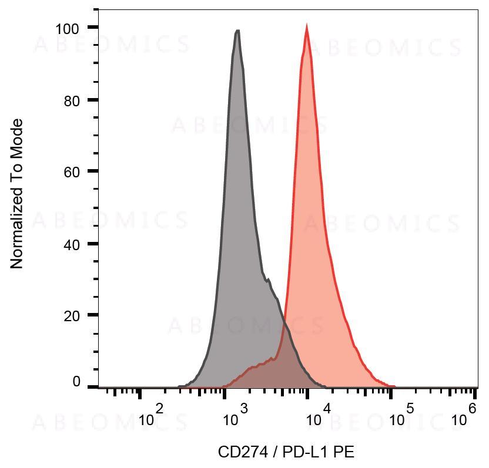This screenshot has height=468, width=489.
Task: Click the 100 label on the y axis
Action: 68,28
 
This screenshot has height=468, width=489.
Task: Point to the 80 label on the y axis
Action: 71,100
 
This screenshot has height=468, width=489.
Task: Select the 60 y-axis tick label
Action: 71,172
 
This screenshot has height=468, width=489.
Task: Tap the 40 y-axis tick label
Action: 71,244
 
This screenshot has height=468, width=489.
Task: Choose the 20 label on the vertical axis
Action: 71,316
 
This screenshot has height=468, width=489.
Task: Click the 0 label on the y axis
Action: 76,382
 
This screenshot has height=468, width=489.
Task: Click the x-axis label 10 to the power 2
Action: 151,418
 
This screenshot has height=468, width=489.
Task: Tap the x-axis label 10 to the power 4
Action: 318,418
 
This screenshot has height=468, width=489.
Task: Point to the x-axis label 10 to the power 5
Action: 401,418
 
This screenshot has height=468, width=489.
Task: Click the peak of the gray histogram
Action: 237,31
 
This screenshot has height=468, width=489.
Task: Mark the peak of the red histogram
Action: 307,26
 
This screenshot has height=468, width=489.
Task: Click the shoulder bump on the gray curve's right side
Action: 269,280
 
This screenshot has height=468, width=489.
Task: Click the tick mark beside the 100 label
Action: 93,28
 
